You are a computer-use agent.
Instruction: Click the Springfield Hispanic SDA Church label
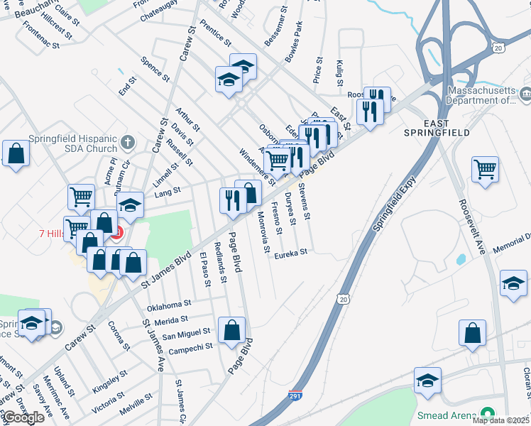(73, 143)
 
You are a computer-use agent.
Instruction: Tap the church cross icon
(127, 143)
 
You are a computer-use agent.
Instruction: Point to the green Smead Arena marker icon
(488, 414)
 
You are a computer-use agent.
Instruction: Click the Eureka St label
(291, 252)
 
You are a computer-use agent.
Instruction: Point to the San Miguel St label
(186, 333)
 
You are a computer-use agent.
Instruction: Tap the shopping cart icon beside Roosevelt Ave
(486, 170)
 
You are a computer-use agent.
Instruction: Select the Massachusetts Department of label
(490, 96)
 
